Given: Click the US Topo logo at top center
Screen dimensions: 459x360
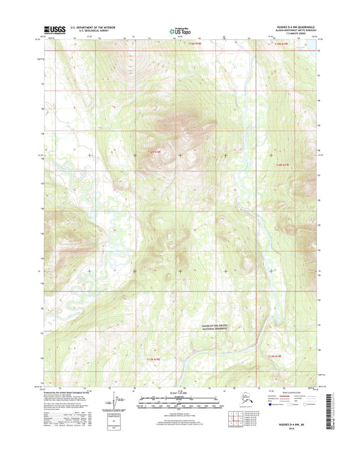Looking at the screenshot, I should coord(180,30).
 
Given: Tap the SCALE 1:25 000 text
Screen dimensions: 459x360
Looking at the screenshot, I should coord(180,393).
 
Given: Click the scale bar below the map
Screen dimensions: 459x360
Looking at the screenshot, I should coord(180,401).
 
